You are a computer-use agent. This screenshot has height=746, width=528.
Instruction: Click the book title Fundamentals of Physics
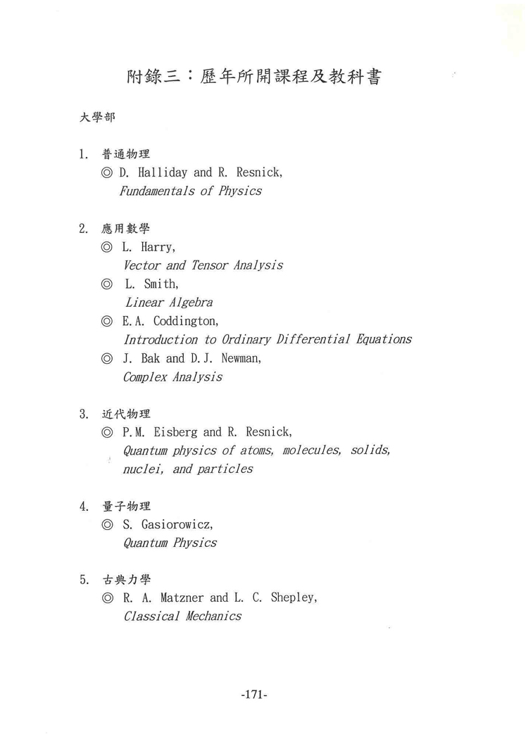point(190,191)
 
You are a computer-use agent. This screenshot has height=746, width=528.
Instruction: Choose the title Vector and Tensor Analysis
point(203,265)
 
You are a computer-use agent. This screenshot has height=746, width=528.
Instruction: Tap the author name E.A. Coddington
point(170,321)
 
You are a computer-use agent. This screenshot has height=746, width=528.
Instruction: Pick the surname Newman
point(239,358)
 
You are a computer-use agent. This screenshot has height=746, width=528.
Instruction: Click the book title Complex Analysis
point(172,377)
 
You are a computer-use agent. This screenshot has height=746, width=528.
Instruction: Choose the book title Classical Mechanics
point(182,617)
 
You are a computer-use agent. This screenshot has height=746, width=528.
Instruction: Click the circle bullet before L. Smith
point(107,284)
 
